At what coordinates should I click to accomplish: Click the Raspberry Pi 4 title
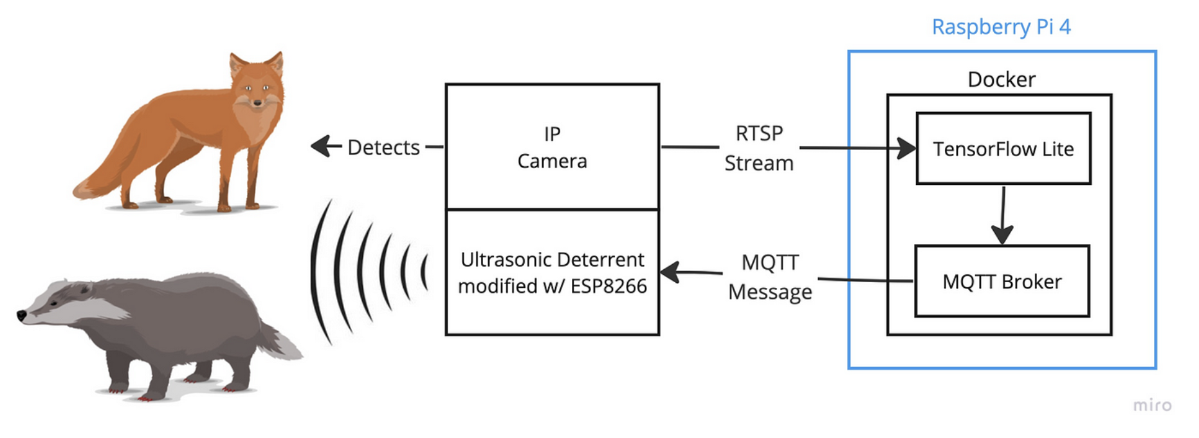1001,27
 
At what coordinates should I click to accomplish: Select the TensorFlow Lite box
1003,149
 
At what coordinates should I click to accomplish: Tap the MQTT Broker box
1002,281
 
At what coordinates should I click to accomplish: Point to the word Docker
1002,79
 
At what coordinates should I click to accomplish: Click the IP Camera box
552,147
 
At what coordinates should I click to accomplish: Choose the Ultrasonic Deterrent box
552,272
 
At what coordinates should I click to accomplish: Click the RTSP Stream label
759,148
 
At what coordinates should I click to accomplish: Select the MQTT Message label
770,277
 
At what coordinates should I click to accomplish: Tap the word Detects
383,148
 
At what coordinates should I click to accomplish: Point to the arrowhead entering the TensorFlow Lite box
908,148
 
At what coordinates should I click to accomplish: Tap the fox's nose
257,102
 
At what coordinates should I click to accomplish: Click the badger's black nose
21,316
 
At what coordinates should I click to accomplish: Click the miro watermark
1151,405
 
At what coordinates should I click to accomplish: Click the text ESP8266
608,286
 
